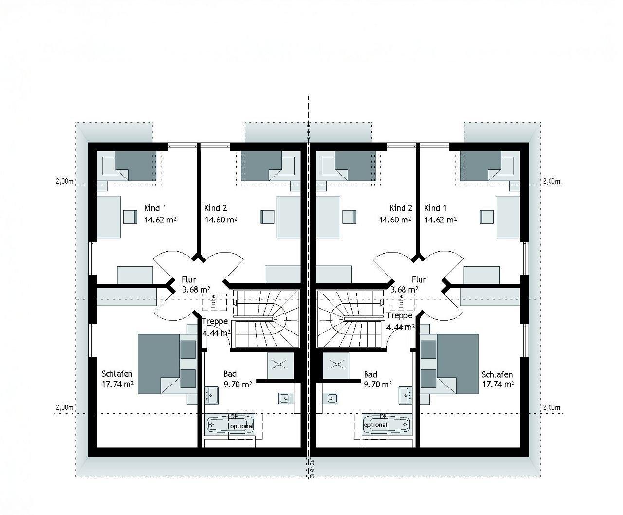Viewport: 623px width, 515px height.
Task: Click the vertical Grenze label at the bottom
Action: (312, 468)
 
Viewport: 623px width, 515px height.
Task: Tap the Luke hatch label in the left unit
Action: (214, 303)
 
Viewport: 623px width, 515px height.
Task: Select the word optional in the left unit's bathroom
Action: (242, 426)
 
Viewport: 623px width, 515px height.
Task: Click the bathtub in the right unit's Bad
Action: (386, 424)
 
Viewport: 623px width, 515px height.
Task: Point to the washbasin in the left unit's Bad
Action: (211, 395)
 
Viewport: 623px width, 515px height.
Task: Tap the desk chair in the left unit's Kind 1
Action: (130, 217)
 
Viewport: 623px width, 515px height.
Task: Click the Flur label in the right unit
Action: (419, 279)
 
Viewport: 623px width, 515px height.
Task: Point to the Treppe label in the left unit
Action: (215, 321)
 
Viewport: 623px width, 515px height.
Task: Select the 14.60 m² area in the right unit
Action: (395, 220)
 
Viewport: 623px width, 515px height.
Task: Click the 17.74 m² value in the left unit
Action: (118, 384)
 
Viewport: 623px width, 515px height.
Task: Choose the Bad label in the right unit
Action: (370, 374)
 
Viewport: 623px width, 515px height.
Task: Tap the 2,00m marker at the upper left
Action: (64, 181)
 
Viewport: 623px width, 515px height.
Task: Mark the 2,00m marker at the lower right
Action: (551, 407)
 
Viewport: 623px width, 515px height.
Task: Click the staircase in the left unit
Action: (265, 318)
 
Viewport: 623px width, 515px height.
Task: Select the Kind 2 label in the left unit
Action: (216, 208)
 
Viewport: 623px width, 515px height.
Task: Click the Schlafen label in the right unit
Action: (497, 374)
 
